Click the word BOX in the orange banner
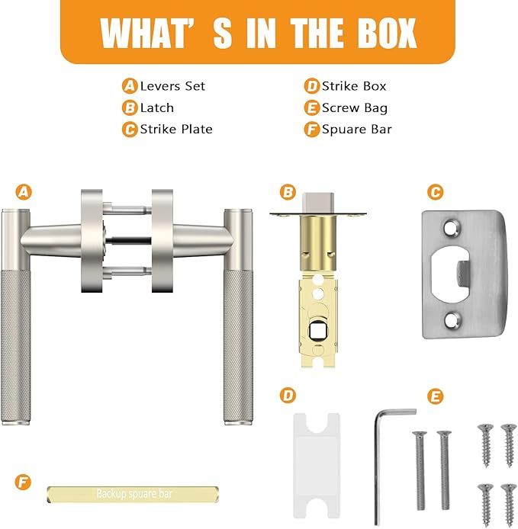click(388, 33)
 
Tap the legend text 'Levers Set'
click(172, 86)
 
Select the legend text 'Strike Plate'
click(176, 130)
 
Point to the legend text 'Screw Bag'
click(355, 108)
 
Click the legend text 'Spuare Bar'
click(356, 130)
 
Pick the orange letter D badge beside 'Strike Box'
click(312, 86)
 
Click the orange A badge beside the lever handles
click(24, 192)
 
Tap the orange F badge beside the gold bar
click(23, 482)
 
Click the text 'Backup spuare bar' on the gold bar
click(134, 494)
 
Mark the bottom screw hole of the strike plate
click(452, 321)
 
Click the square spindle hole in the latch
click(317, 332)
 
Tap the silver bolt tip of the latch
click(318, 203)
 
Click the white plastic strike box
click(316, 466)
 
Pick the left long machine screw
click(420, 470)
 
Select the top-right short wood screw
click(509, 445)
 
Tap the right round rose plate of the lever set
click(162, 241)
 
